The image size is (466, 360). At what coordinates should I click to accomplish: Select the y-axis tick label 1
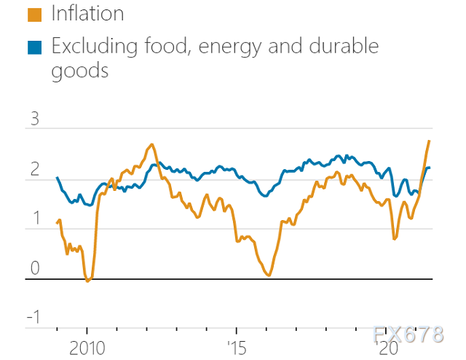point(33,219)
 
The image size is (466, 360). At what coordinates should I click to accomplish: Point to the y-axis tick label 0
point(33,269)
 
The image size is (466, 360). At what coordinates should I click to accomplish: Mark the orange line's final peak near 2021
point(429,141)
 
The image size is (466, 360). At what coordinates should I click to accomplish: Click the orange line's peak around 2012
point(151,144)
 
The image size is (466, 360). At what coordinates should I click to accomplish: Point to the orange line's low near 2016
point(269,275)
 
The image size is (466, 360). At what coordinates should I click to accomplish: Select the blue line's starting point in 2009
point(57,177)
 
